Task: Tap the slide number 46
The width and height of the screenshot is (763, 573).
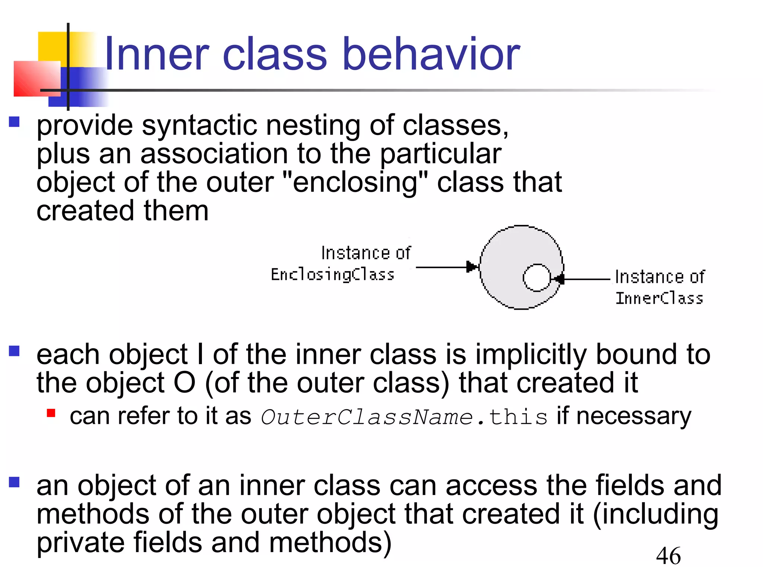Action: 668,556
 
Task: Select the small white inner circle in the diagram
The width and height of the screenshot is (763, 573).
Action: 536,278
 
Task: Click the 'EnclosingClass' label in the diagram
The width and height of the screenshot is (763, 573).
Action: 332,275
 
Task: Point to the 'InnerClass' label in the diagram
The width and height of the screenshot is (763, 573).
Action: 659,298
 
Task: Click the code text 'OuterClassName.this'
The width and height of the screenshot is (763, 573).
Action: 404,417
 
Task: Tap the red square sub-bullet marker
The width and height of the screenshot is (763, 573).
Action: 51,413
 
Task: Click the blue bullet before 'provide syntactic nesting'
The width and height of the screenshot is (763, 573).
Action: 14,122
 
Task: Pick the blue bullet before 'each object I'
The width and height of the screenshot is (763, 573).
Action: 14,351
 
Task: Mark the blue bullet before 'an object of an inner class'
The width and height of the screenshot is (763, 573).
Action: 14,482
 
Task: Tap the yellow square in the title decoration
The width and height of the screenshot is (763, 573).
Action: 52,47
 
